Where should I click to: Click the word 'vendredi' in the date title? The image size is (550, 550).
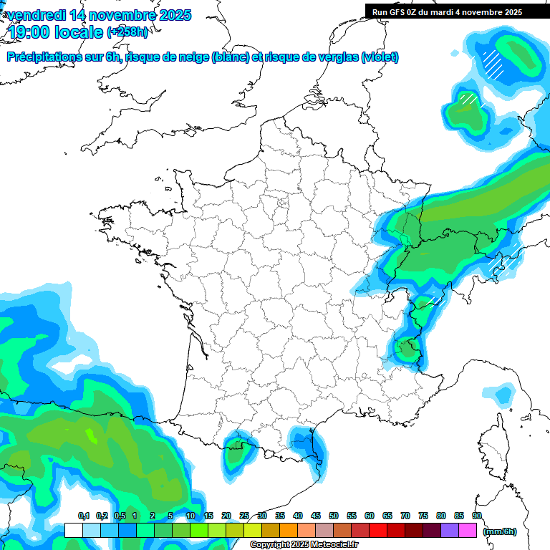click(x=36, y=15)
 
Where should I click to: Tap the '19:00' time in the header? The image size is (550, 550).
click(x=29, y=32)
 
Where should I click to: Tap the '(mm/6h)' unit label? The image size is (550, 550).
click(x=500, y=531)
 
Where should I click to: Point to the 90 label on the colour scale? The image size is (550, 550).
click(x=477, y=516)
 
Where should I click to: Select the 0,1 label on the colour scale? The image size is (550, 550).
click(x=83, y=516)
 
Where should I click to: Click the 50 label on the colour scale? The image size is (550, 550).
click(x=334, y=516)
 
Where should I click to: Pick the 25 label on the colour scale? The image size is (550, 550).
click(x=244, y=516)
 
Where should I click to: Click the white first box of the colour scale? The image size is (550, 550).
click(x=73, y=531)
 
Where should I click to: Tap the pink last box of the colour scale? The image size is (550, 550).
click(x=468, y=531)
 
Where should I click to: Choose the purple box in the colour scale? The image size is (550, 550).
click(x=450, y=531)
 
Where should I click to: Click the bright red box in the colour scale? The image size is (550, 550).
click(x=378, y=531)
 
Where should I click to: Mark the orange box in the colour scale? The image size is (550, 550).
click(x=289, y=531)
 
